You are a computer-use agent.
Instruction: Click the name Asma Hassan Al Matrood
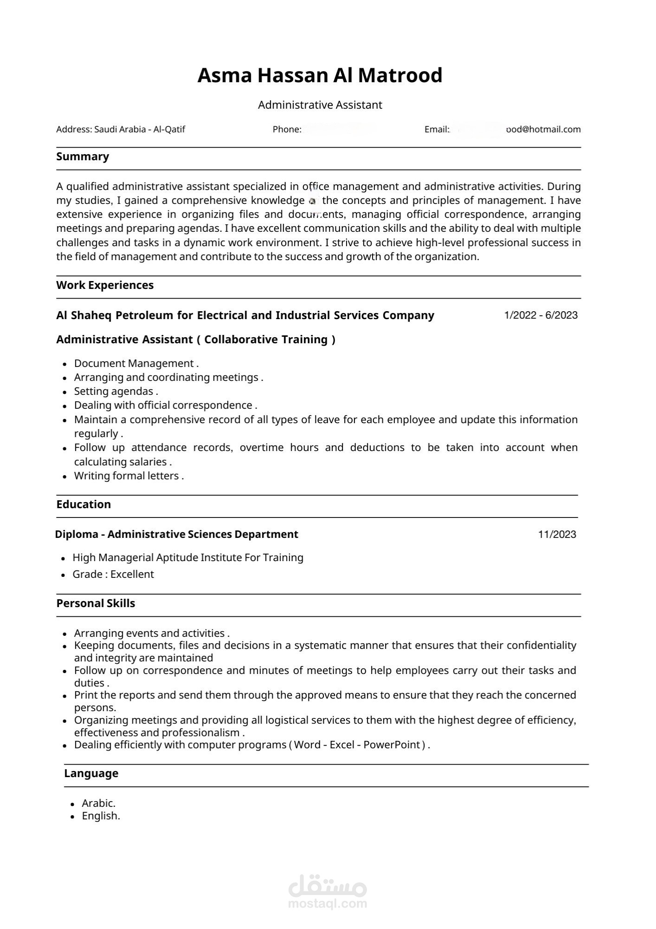pyautogui.click(x=320, y=75)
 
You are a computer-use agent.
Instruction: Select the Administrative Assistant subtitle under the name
pyautogui.click(x=320, y=105)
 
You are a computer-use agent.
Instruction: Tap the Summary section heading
pyautogui.click(x=83, y=157)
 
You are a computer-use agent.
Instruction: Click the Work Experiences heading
pyautogui.click(x=105, y=285)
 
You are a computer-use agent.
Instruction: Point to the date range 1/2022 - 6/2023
pyautogui.click(x=541, y=315)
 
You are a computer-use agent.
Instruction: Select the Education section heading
pyautogui.click(x=84, y=504)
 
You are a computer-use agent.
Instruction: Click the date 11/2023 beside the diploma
pyautogui.click(x=557, y=535)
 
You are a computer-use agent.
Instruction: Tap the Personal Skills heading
pyautogui.click(x=96, y=603)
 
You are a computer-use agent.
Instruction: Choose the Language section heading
pyautogui.click(x=91, y=773)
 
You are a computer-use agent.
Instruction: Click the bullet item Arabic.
pyautogui.click(x=98, y=803)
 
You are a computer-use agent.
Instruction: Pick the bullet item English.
pyautogui.click(x=101, y=816)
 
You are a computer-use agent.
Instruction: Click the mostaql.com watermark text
pyautogui.click(x=328, y=903)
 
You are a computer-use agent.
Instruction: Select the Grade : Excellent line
pyautogui.click(x=113, y=574)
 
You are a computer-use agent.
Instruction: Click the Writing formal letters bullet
pyautogui.click(x=129, y=476)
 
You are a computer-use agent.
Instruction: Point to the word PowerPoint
pyautogui.click(x=391, y=745)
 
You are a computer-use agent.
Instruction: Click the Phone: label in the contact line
pyautogui.click(x=287, y=130)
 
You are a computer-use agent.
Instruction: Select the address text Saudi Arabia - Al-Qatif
pyautogui.click(x=139, y=130)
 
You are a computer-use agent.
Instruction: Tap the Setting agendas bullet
pyautogui.click(x=116, y=391)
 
